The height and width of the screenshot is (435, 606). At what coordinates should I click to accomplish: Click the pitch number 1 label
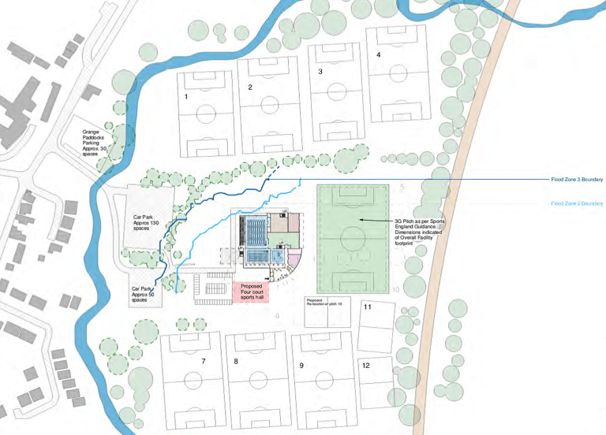(186, 97)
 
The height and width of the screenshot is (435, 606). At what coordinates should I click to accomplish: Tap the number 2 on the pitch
(250, 87)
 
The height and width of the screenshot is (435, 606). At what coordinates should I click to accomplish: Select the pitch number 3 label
(320, 72)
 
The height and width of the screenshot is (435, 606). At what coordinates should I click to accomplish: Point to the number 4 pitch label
(379, 54)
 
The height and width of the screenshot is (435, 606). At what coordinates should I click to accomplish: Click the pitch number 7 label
(204, 361)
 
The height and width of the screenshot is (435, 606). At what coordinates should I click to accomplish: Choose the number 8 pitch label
(236, 362)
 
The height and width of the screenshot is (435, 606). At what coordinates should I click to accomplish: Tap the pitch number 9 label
(301, 366)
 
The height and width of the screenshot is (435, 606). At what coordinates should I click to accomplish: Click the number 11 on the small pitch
(367, 307)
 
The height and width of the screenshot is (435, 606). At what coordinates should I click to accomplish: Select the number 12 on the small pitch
(365, 366)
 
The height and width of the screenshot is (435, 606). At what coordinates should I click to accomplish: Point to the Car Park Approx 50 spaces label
(144, 294)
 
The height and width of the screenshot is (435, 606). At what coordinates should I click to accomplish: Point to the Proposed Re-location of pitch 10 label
(325, 302)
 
